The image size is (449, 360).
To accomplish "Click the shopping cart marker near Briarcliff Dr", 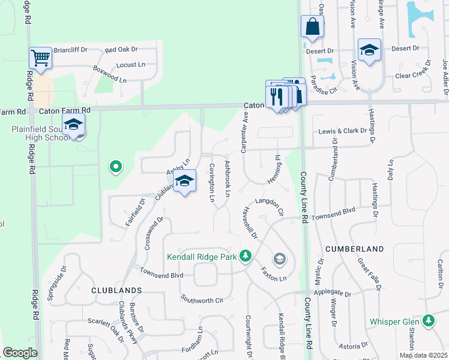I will [40, 58].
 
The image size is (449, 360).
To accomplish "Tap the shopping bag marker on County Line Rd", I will [312, 26].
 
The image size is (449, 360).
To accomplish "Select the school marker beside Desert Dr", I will [369, 50].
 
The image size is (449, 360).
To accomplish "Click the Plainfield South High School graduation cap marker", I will [73, 125].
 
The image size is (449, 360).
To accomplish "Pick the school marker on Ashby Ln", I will [184, 181].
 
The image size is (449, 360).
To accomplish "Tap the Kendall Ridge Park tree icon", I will [245, 256].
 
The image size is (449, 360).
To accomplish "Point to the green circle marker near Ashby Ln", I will [115, 166].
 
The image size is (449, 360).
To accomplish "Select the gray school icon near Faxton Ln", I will [279, 259].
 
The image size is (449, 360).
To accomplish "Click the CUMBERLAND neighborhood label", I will [355, 248].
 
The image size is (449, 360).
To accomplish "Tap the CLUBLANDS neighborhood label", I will [116, 290].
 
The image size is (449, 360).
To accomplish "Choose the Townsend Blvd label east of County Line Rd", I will [333, 212].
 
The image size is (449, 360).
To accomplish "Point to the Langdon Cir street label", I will [268, 205].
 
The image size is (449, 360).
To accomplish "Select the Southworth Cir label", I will [202, 298].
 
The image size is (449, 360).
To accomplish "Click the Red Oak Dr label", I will [121, 49].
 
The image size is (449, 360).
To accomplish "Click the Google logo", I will [20, 353].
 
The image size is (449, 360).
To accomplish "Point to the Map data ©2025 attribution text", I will [423, 355].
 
